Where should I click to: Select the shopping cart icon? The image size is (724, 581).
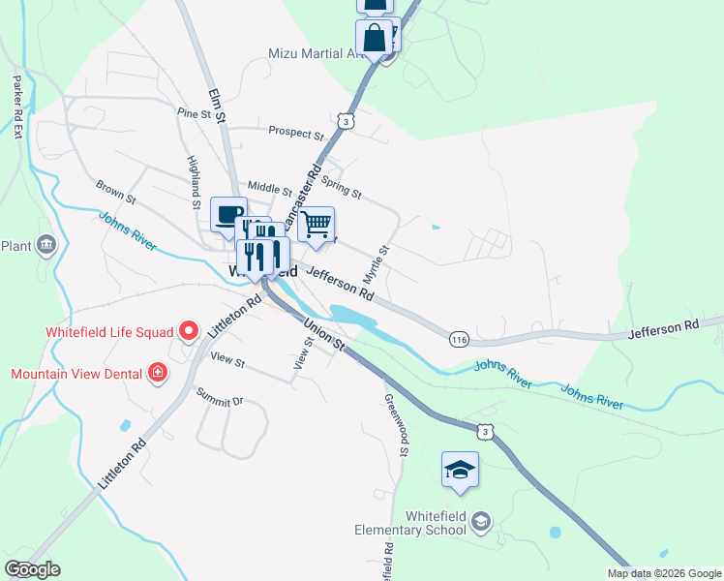(317, 225)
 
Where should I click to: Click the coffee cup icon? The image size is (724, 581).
(228, 214)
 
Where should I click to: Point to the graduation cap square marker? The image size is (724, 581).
(460, 470)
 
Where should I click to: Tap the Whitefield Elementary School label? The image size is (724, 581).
(410, 523)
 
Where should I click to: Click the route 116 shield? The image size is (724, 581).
(459, 337)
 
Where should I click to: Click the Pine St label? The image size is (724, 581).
(194, 114)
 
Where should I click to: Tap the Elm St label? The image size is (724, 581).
(216, 106)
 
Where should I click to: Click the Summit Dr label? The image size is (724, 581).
(220, 397)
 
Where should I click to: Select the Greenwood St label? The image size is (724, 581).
(397, 424)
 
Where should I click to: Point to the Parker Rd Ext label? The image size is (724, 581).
(16, 106)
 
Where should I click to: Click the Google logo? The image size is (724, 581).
(32, 569)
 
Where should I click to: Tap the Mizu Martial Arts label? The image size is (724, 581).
(315, 53)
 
